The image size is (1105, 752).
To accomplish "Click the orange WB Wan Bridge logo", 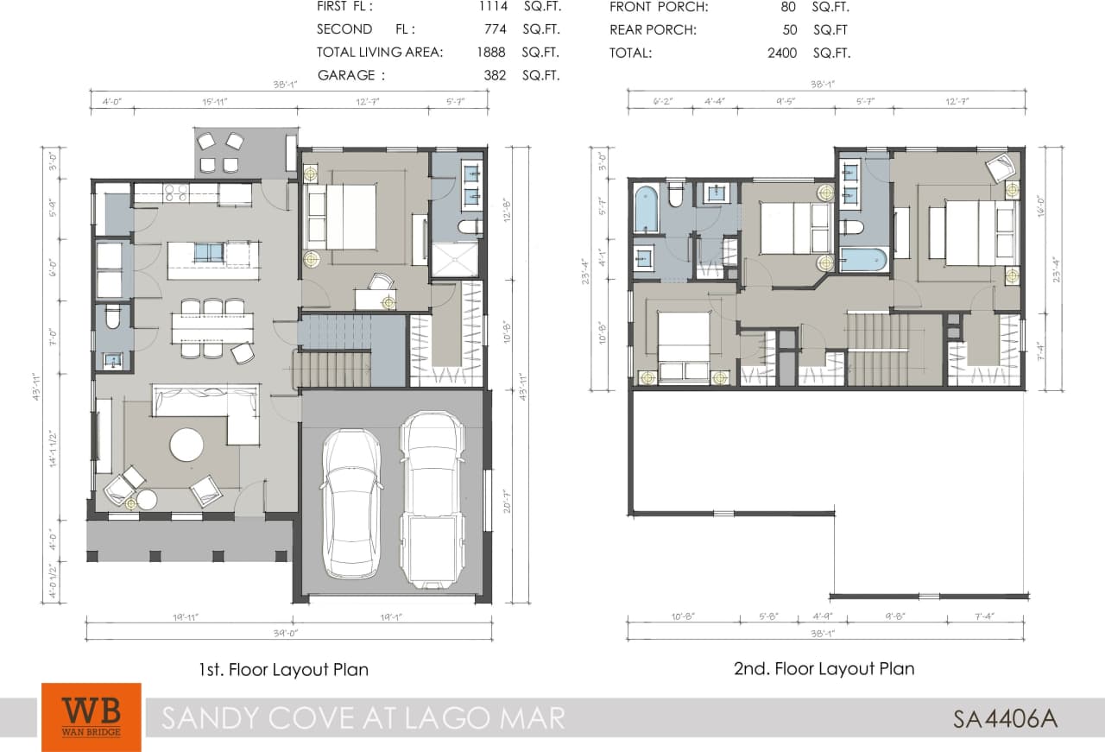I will coord(91,716).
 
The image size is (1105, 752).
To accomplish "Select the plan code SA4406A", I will coord(1005,718).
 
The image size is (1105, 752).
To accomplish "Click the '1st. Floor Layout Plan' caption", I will coord(284,669).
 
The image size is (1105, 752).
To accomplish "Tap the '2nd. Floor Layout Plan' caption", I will coord(824,668).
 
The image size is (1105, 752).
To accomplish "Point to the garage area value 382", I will coord(495,75).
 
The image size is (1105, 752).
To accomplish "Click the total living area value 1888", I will coord(490,52).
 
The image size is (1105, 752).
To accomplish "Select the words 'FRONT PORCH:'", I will coord(659,7).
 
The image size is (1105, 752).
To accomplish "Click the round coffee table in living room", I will coord(186,446).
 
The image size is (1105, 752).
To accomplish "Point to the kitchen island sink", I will coord(207,252).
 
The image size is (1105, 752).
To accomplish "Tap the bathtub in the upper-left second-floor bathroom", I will coord(647,208).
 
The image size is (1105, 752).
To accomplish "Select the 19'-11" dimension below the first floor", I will coord(186,617).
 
